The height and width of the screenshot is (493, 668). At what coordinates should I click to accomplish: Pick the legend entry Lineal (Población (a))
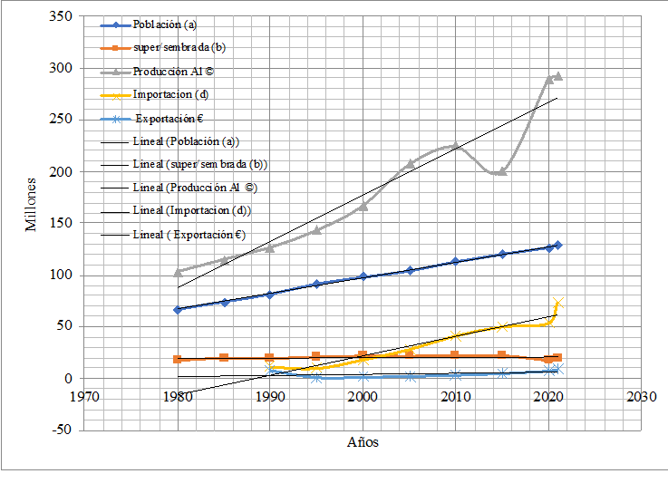coord(185,141)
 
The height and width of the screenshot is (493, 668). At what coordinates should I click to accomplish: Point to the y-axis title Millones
coord(31,203)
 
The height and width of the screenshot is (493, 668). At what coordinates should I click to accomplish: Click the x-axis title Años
coord(363,442)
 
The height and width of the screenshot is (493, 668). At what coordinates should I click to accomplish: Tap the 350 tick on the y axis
coord(61,17)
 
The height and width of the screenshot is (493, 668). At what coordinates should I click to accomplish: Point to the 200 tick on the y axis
coord(61,171)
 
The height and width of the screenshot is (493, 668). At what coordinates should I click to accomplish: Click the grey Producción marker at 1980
coord(178,271)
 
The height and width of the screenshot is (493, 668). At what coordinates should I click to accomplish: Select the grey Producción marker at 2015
coord(502,171)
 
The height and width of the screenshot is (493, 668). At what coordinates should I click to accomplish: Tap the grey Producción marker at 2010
coord(455,145)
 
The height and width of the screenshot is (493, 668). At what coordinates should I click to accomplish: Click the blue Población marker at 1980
coord(178,309)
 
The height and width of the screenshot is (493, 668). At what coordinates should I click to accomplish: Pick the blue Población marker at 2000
coord(363,276)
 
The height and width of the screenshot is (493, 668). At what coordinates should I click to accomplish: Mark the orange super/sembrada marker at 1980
coord(178,359)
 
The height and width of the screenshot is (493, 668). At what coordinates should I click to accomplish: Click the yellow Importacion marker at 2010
coord(455,336)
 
